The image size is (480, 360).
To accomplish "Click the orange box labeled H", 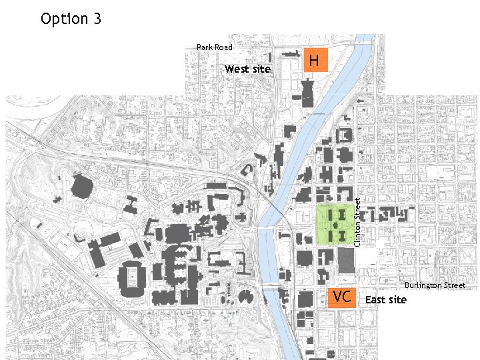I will point(315,60).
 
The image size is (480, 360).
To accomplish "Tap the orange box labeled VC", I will point(341,297).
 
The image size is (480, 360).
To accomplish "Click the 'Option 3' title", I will point(71,19).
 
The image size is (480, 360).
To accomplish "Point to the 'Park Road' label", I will point(215,47).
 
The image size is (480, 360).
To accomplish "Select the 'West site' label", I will point(247,69).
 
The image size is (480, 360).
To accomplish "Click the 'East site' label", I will point(385,300).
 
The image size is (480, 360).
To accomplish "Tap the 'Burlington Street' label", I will point(435,285).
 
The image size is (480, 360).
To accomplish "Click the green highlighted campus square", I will point(335,225).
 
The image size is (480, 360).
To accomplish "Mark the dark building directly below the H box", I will point(307,92).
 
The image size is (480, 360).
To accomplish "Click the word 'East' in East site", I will point(374,300).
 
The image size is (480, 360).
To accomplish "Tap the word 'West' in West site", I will point(236,69).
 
